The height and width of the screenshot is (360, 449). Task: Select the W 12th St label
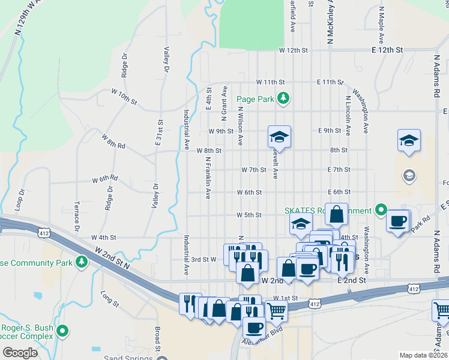293,51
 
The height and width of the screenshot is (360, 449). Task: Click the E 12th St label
387,51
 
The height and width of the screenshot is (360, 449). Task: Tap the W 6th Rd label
104,179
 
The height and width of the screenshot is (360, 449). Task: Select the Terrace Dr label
77,216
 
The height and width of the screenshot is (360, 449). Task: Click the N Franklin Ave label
208,178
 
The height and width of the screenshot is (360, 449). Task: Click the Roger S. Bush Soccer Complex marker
63,330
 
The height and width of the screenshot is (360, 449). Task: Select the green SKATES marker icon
380,210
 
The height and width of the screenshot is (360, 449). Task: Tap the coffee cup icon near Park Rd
397,220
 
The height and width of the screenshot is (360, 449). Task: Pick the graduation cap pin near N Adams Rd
409,140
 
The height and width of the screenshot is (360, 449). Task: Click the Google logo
20,353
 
